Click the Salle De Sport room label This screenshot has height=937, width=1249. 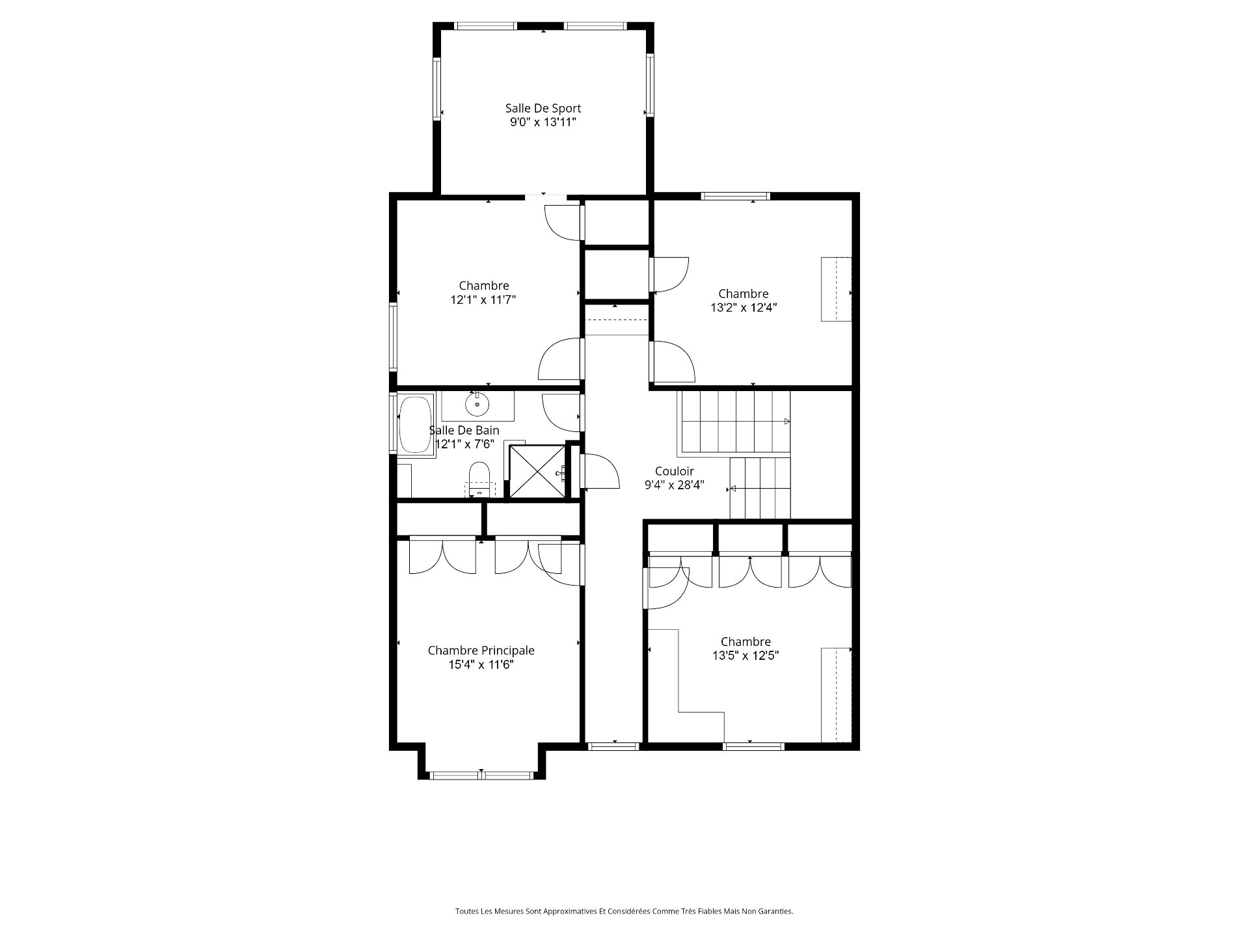point(543,109)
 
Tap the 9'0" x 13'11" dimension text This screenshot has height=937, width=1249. point(543,122)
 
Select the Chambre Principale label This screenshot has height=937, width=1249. point(481,651)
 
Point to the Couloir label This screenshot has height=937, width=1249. point(675,471)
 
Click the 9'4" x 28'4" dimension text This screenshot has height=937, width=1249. point(675,485)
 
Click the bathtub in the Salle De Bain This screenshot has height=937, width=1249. point(415,425)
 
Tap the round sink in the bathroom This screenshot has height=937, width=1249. point(477,405)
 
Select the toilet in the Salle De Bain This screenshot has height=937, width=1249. point(479,479)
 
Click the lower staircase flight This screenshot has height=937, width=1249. point(759,488)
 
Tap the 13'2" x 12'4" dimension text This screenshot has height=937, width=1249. point(744,308)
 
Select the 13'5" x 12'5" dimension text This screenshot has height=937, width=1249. point(745,655)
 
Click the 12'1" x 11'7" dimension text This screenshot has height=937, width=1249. point(483,300)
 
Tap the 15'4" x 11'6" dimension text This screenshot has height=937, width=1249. point(481,665)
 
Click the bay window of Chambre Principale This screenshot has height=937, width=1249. point(481,775)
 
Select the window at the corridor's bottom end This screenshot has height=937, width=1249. point(614,746)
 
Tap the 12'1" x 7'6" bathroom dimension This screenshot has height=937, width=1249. point(465,444)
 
